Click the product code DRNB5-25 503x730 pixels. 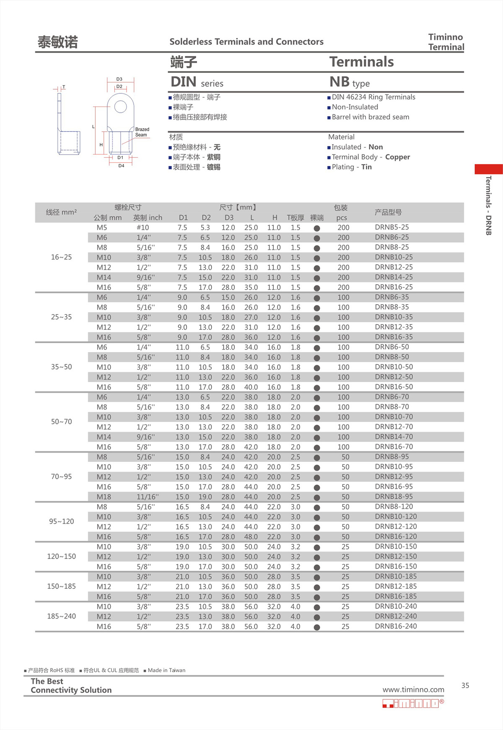point(392,227)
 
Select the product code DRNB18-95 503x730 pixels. point(394,497)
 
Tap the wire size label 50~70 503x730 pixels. point(61,422)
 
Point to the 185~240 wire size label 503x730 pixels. point(61,616)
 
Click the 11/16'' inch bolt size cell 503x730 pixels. point(148,497)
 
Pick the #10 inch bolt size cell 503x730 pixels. point(143,228)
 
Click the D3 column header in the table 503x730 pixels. point(229,217)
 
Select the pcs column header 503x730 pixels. point(341,217)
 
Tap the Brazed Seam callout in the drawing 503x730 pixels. point(142,132)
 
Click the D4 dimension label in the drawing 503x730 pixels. point(121,166)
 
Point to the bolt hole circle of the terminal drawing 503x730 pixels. point(120,107)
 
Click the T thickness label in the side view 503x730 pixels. point(64,87)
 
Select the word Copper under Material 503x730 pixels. point(397,157)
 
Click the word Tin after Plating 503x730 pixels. point(366,167)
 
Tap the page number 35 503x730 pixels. point(465,686)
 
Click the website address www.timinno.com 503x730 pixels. point(413,690)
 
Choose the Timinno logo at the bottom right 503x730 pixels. point(413,703)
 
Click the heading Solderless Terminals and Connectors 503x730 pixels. point(246,42)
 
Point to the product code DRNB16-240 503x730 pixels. point(396,626)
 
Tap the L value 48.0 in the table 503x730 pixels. point(251,537)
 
